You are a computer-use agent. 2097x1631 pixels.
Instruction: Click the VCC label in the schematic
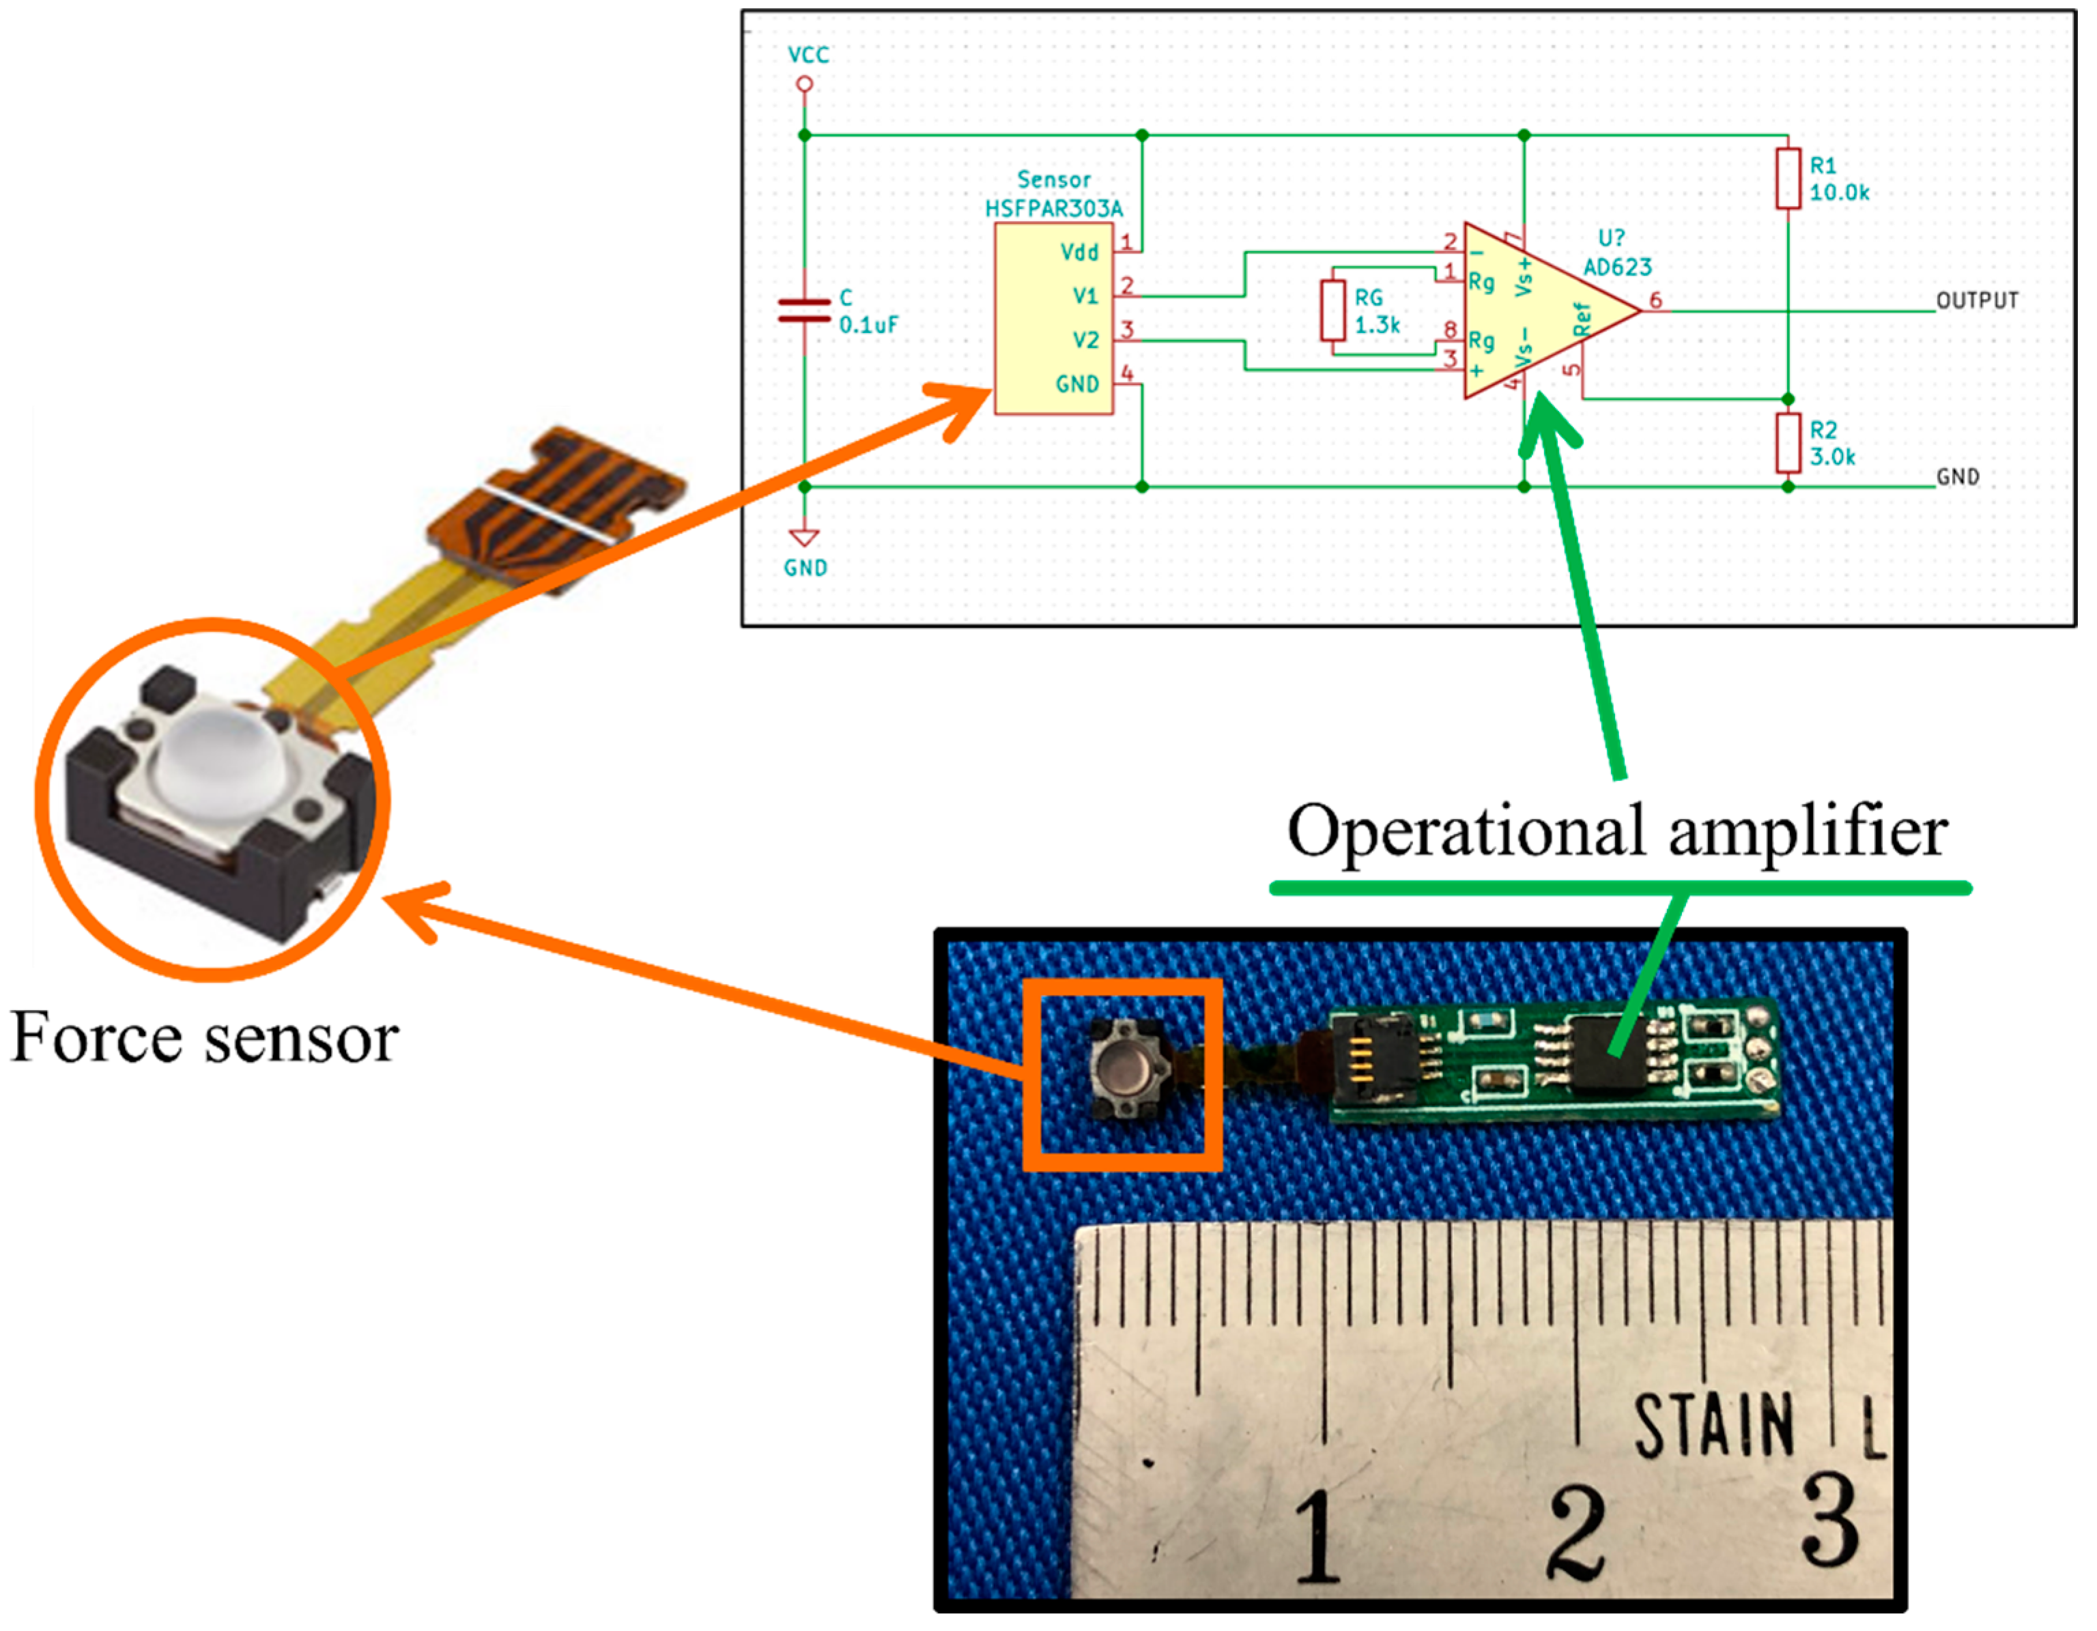(808, 55)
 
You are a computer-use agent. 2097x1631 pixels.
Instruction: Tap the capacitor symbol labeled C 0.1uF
(805, 309)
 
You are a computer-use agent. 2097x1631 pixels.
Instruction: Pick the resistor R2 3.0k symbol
(1788, 442)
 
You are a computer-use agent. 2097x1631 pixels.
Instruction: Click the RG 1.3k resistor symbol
(1332, 310)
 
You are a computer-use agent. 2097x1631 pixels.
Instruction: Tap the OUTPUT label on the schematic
(1977, 300)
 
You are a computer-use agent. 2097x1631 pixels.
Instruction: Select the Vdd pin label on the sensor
(1079, 252)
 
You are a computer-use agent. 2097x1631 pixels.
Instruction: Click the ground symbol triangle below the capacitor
(805, 538)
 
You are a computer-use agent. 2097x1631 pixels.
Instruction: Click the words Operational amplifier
(1617, 831)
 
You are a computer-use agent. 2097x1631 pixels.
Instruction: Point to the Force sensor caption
(205, 1039)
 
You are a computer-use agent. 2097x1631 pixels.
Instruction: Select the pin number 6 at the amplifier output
(1655, 300)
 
